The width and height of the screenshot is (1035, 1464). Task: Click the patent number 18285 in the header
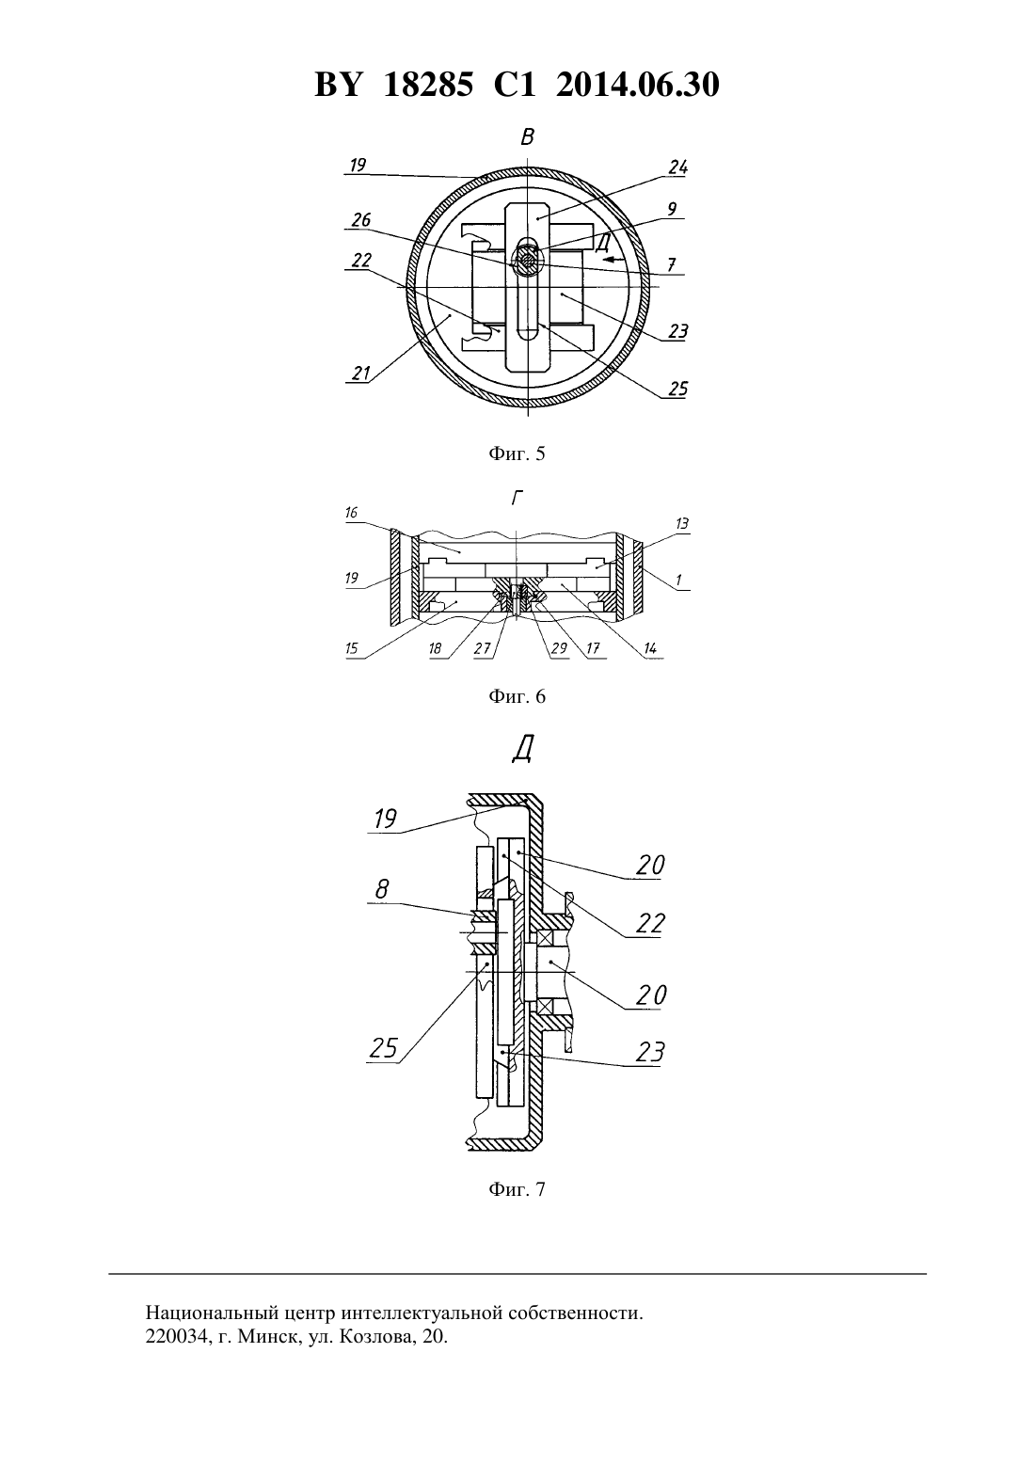click(427, 85)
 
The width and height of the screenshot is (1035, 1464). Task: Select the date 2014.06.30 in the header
click(638, 85)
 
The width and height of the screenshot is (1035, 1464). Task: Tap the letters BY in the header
click(338, 85)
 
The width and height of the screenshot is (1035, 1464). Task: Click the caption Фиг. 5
click(517, 454)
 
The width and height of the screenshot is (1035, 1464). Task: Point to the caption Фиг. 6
click(517, 696)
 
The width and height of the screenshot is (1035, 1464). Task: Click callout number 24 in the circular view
click(677, 167)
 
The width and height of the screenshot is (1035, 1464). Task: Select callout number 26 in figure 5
click(360, 220)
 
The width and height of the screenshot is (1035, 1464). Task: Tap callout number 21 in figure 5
click(360, 374)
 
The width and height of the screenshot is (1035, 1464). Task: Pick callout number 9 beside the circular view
click(673, 209)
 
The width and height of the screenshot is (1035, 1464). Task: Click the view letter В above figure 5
click(527, 137)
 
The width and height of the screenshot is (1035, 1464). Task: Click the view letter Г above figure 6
click(517, 499)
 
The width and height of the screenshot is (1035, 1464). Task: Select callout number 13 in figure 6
click(681, 523)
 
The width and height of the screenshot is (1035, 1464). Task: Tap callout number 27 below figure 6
click(483, 648)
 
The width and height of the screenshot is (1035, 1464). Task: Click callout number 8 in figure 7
click(382, 889)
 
